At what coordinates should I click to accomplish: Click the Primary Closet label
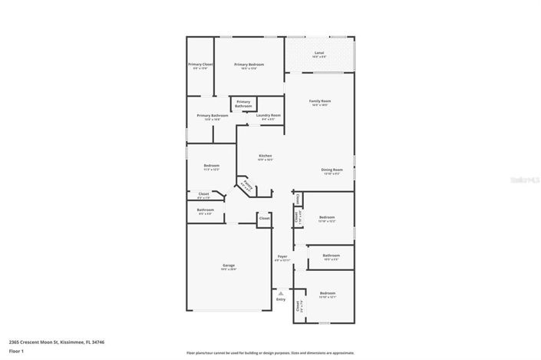tap(200, 64)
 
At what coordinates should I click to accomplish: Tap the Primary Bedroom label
tap(249, 64)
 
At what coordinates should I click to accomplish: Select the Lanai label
tap(319, 52)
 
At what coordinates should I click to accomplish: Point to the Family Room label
tap(319, 101)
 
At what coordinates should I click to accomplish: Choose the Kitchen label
tap(265, 156)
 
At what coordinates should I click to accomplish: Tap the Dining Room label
tap(332, 170)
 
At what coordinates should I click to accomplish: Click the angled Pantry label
tap(246, 185)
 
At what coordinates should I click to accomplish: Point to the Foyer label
tap(282, 256)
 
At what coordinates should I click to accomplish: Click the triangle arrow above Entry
tap(281, 292)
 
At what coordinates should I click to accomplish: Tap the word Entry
tap(281, 299)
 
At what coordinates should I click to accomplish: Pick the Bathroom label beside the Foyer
tap(331, 256)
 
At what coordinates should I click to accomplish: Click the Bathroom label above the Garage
tap(205, 210)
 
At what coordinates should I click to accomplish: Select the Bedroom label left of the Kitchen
tap(212, 166)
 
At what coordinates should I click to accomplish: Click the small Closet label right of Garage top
tap(264, 219)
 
